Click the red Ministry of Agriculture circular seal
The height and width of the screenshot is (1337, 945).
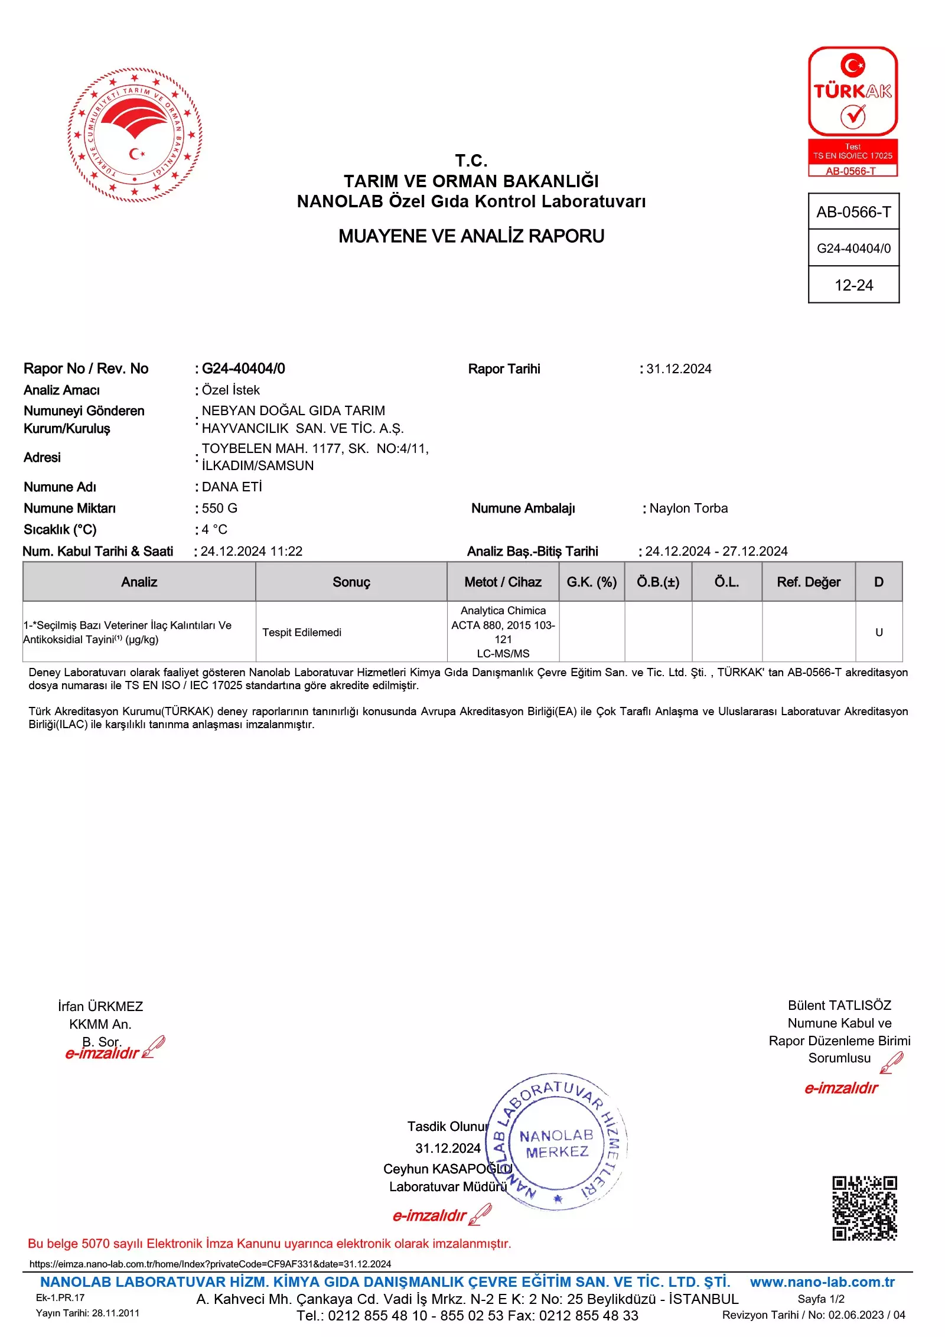coord(135,135)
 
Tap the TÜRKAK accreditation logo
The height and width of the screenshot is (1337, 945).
coord(853,111)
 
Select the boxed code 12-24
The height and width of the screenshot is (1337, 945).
coord(853,285)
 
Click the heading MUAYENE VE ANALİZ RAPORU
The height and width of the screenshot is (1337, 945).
coord(471,236)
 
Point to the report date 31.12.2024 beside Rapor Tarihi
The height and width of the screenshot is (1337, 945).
coord(679,369)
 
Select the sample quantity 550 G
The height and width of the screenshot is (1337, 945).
coord(220,508)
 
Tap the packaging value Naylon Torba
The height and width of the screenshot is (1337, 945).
coord(689,508)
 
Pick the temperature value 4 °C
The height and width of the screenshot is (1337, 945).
coord(214,530)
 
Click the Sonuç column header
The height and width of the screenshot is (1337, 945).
coord(351,582)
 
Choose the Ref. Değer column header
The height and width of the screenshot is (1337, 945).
coord(809,582)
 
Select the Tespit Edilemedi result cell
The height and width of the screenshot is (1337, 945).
coord(302,632)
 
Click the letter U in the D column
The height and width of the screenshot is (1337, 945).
coord(879,632)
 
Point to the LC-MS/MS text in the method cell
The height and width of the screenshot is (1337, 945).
coord(503,654)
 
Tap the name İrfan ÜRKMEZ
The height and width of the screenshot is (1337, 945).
coord(100,1006)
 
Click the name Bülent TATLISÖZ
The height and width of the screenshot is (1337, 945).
coord(839,1005)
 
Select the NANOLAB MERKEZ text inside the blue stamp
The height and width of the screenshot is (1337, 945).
coord(556,1144)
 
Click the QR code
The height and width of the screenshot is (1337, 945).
coord(865,1208)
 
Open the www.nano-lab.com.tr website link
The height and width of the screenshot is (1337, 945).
coord(822,1282)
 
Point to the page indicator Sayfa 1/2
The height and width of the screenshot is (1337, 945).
coord(821,1299)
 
